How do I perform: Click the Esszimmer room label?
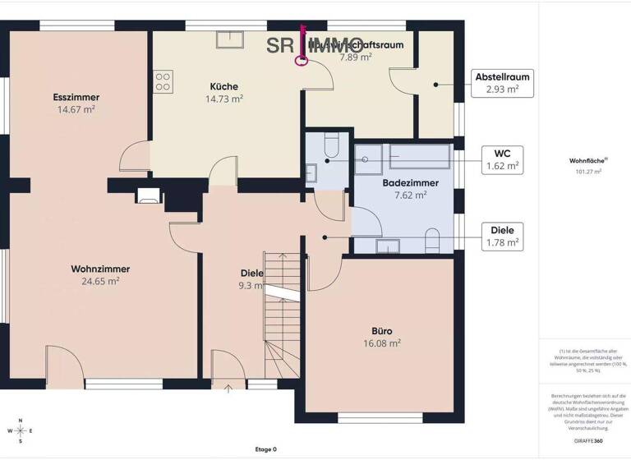[77, 97]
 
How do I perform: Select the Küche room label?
[223, 85]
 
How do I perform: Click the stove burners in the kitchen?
[163, 80]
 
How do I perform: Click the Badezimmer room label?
[410, 183]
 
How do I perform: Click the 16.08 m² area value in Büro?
[382, 343]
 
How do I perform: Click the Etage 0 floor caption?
[265, 449]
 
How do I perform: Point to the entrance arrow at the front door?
[227, 388]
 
